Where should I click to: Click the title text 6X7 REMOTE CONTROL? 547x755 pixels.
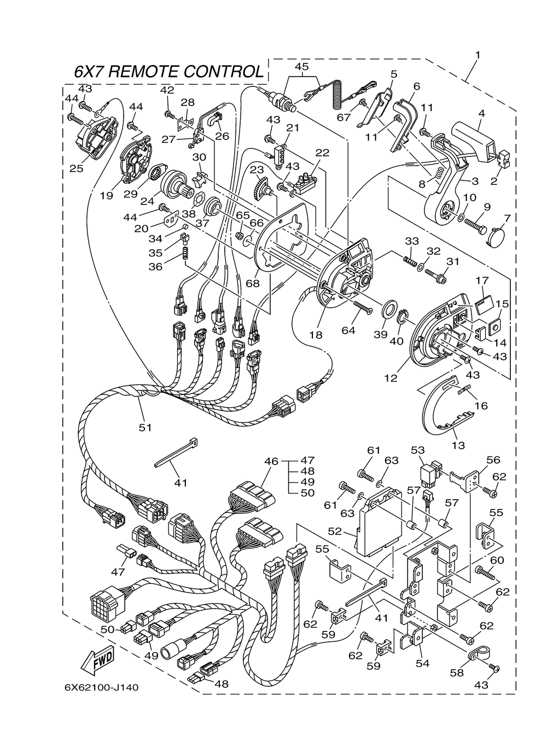(x=168, y=72)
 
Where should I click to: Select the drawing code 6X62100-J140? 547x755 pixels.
(x=97, y=687)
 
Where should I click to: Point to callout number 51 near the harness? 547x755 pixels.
(x=144, y=428)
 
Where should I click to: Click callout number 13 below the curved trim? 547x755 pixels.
(x=458, y=445)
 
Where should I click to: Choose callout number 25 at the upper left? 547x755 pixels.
(x=76, y=168)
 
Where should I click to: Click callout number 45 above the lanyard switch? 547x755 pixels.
(x=302, y=66)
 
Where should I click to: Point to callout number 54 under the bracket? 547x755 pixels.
(x=422, y=663)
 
